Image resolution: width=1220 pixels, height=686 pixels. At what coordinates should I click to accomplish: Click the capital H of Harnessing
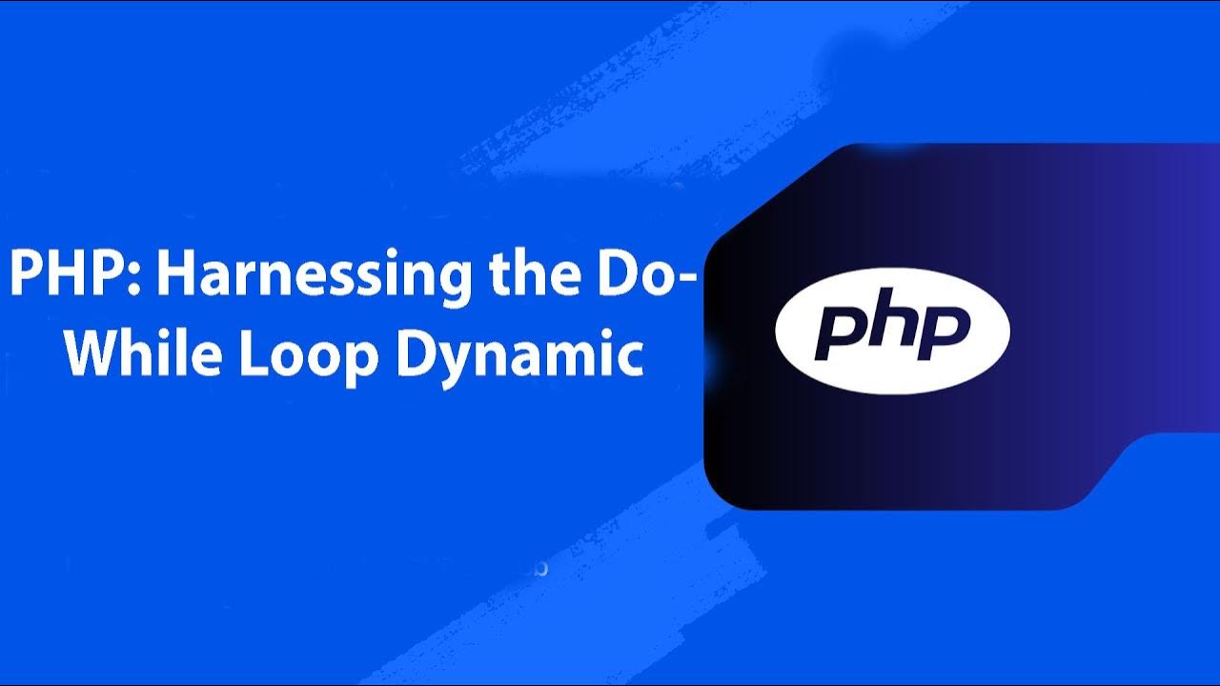[174, 276]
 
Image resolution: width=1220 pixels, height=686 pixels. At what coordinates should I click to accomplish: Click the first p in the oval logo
[838, 333]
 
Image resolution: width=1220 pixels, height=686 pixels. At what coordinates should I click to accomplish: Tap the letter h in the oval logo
[892, 326]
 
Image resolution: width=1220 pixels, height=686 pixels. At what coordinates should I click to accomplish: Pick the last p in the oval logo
[944, 333]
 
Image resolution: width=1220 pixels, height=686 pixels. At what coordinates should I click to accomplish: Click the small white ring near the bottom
[541, 569]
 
